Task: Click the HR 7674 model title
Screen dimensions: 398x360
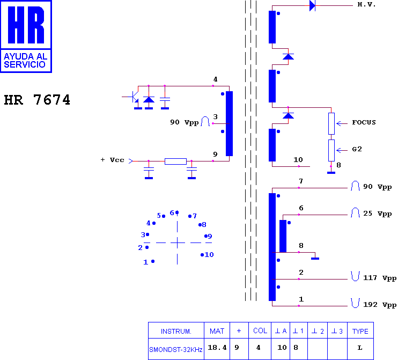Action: click(x=37, y=99)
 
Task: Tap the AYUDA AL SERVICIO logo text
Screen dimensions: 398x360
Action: click(x=25, y=61)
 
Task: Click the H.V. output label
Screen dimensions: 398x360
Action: click(x=366, y=4)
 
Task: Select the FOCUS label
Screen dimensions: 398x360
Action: click(x=364, y=122)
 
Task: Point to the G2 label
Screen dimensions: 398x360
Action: click(x=357, y=149)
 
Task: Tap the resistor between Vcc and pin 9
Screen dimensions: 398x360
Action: click(x=175, y=161)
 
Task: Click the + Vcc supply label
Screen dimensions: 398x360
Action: click(x=113, y=160)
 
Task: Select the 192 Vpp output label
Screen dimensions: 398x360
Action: click(x=380, y=305)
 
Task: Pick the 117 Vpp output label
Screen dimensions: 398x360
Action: click(x=380, y=278)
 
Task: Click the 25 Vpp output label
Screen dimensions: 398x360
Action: click(x=378, y=214)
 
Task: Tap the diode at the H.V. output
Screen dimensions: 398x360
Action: click(x=313, y=5)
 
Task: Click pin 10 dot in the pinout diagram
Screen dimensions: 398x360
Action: click(x=202, y=255)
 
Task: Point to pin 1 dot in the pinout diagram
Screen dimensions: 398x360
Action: click(x=153, y=261)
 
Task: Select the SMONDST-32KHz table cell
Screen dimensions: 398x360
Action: click(x=175, y=350)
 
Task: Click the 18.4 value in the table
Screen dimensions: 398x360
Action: click(x=217, y=348)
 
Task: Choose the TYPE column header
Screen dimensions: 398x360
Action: click(x=360, y=331)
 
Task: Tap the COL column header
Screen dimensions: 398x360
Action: click(x=260, y=330)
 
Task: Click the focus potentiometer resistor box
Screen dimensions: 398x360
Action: click(x=331, y=123)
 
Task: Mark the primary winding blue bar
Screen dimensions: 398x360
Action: click(x=229, y=123)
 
